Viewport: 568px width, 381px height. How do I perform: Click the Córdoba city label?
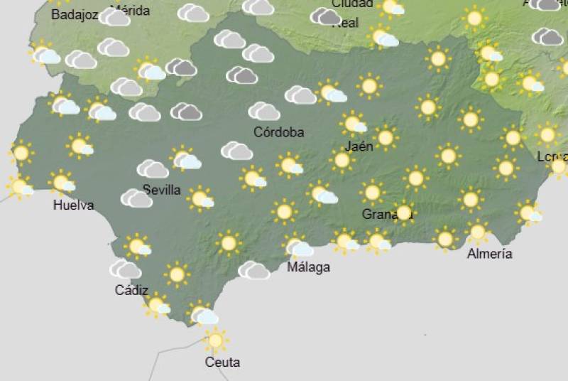tap(279, 132)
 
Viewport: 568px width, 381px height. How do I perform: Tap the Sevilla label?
tap(162, 190)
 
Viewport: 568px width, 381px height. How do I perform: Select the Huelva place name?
tap(73, 205)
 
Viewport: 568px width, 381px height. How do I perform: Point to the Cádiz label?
tap(131, 290)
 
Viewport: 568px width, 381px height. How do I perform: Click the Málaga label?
tap(308, 267)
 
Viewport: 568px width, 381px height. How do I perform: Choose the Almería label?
tap(490, 254)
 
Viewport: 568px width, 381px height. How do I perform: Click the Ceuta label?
tap(222, 362)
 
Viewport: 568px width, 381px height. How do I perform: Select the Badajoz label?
tap(75, 14)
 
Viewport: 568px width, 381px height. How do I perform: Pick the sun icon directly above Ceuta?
tap(215, 340)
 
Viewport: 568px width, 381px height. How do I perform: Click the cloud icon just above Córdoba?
tap(263, 111)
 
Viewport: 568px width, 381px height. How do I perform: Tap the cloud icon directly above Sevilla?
tap(153, 168)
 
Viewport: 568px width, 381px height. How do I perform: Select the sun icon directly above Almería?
tap(477, 232)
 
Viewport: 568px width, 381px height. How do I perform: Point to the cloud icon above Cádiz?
tap(125, 269)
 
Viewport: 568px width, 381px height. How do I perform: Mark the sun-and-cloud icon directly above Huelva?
tap(62, 183)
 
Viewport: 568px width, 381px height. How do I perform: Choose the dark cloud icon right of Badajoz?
tap(114, 17)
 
